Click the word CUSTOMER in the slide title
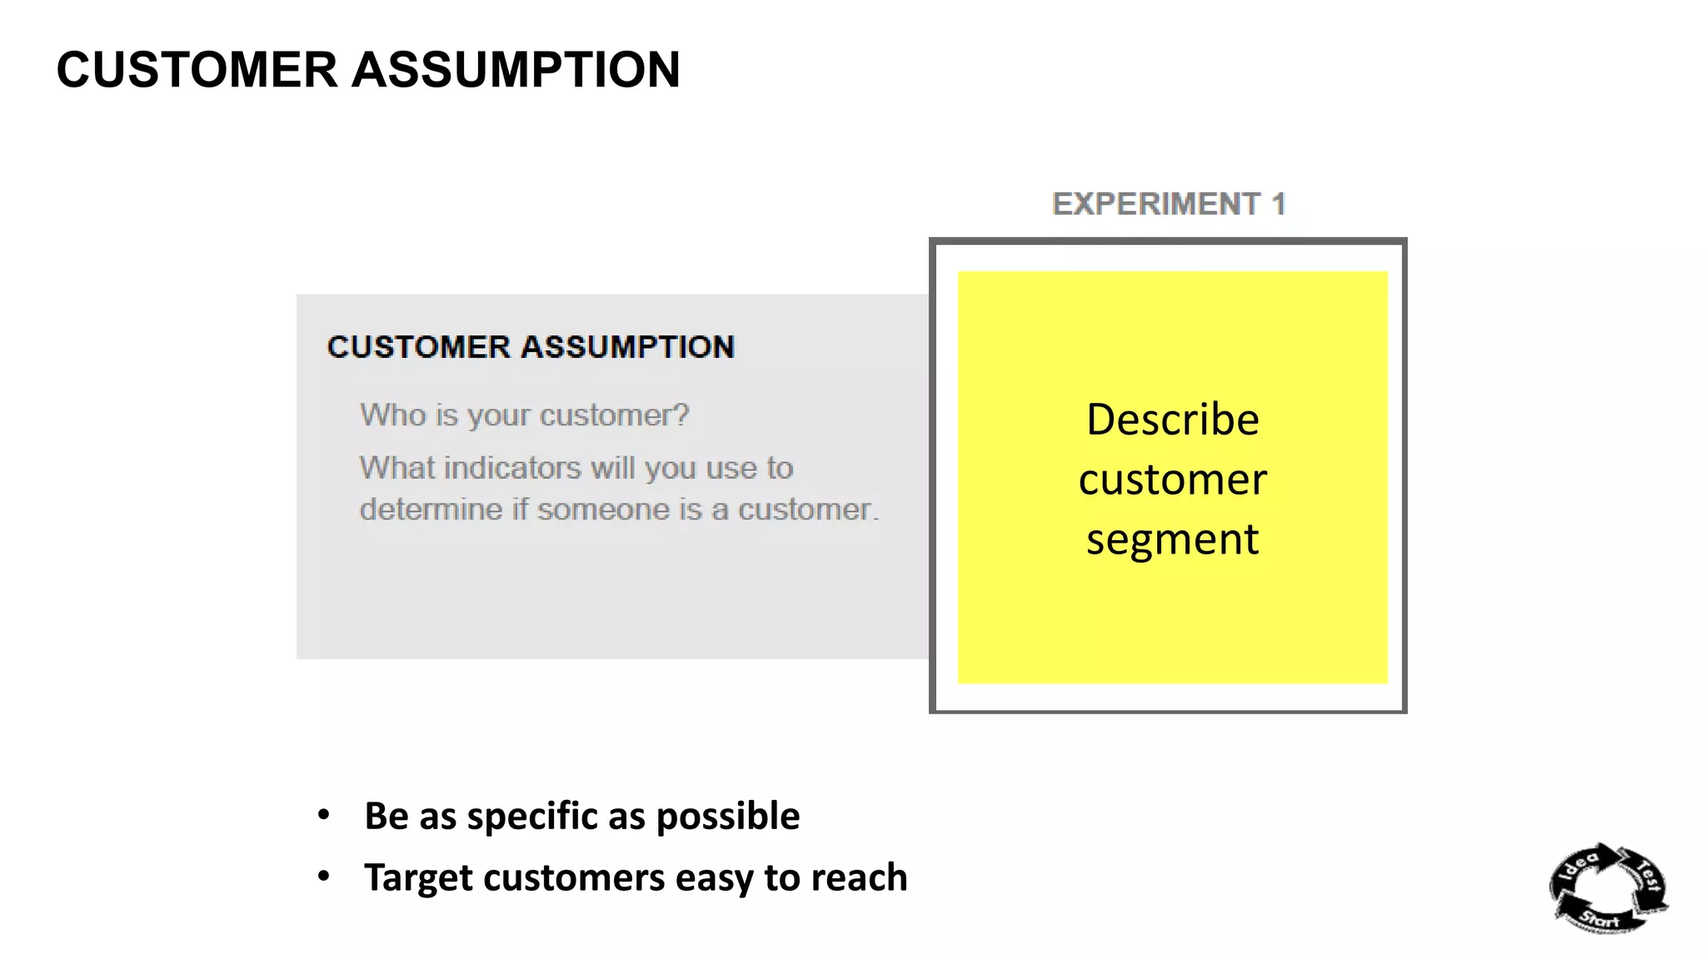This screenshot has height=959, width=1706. click(x=197, y=70)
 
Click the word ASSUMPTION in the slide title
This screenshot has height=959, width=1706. click(x=516, y=70)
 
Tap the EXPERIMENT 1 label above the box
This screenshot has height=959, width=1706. click(x=1169, y=204)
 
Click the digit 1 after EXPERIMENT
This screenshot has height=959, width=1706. click(x=1279, y=204)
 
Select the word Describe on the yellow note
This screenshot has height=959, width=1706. click(x=1172, y=420)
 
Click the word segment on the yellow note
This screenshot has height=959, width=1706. click(x=1172, y=540)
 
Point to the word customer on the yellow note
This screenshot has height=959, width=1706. click(x=1172, y=480)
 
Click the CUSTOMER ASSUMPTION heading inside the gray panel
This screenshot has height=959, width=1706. click(x=531, y=347)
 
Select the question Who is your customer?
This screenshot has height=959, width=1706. click(x=524, y=415)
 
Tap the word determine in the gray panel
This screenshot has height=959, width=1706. click(x=431, y=509)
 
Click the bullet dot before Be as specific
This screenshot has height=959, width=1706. click(x=324, y=815)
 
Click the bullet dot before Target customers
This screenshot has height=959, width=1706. click(x=324, y=877)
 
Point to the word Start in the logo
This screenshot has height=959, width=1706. click(x=1599, y=919)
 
